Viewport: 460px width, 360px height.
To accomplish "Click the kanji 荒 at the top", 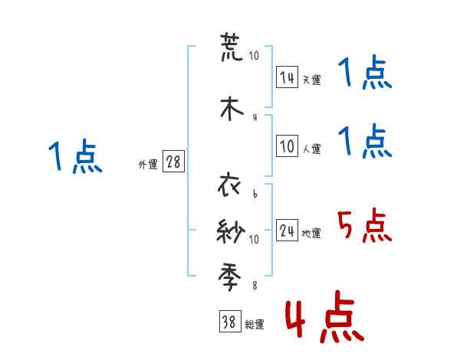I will point(231,46).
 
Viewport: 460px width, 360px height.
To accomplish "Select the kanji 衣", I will point(231,186).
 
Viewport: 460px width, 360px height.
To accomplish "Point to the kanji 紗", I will point(231,230).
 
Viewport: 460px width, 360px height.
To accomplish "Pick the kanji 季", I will point(231,273).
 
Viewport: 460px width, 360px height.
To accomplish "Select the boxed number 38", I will point(229,323).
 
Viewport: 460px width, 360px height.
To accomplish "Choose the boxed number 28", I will point(173,162).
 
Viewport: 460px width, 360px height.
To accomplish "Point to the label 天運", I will point(310,80).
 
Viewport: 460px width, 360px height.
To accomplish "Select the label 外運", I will point(148,165).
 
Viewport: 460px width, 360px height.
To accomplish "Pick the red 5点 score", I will point(364,226).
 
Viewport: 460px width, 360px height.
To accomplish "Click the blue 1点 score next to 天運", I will point(364,74).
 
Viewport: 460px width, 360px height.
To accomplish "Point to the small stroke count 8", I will point(255,286).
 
